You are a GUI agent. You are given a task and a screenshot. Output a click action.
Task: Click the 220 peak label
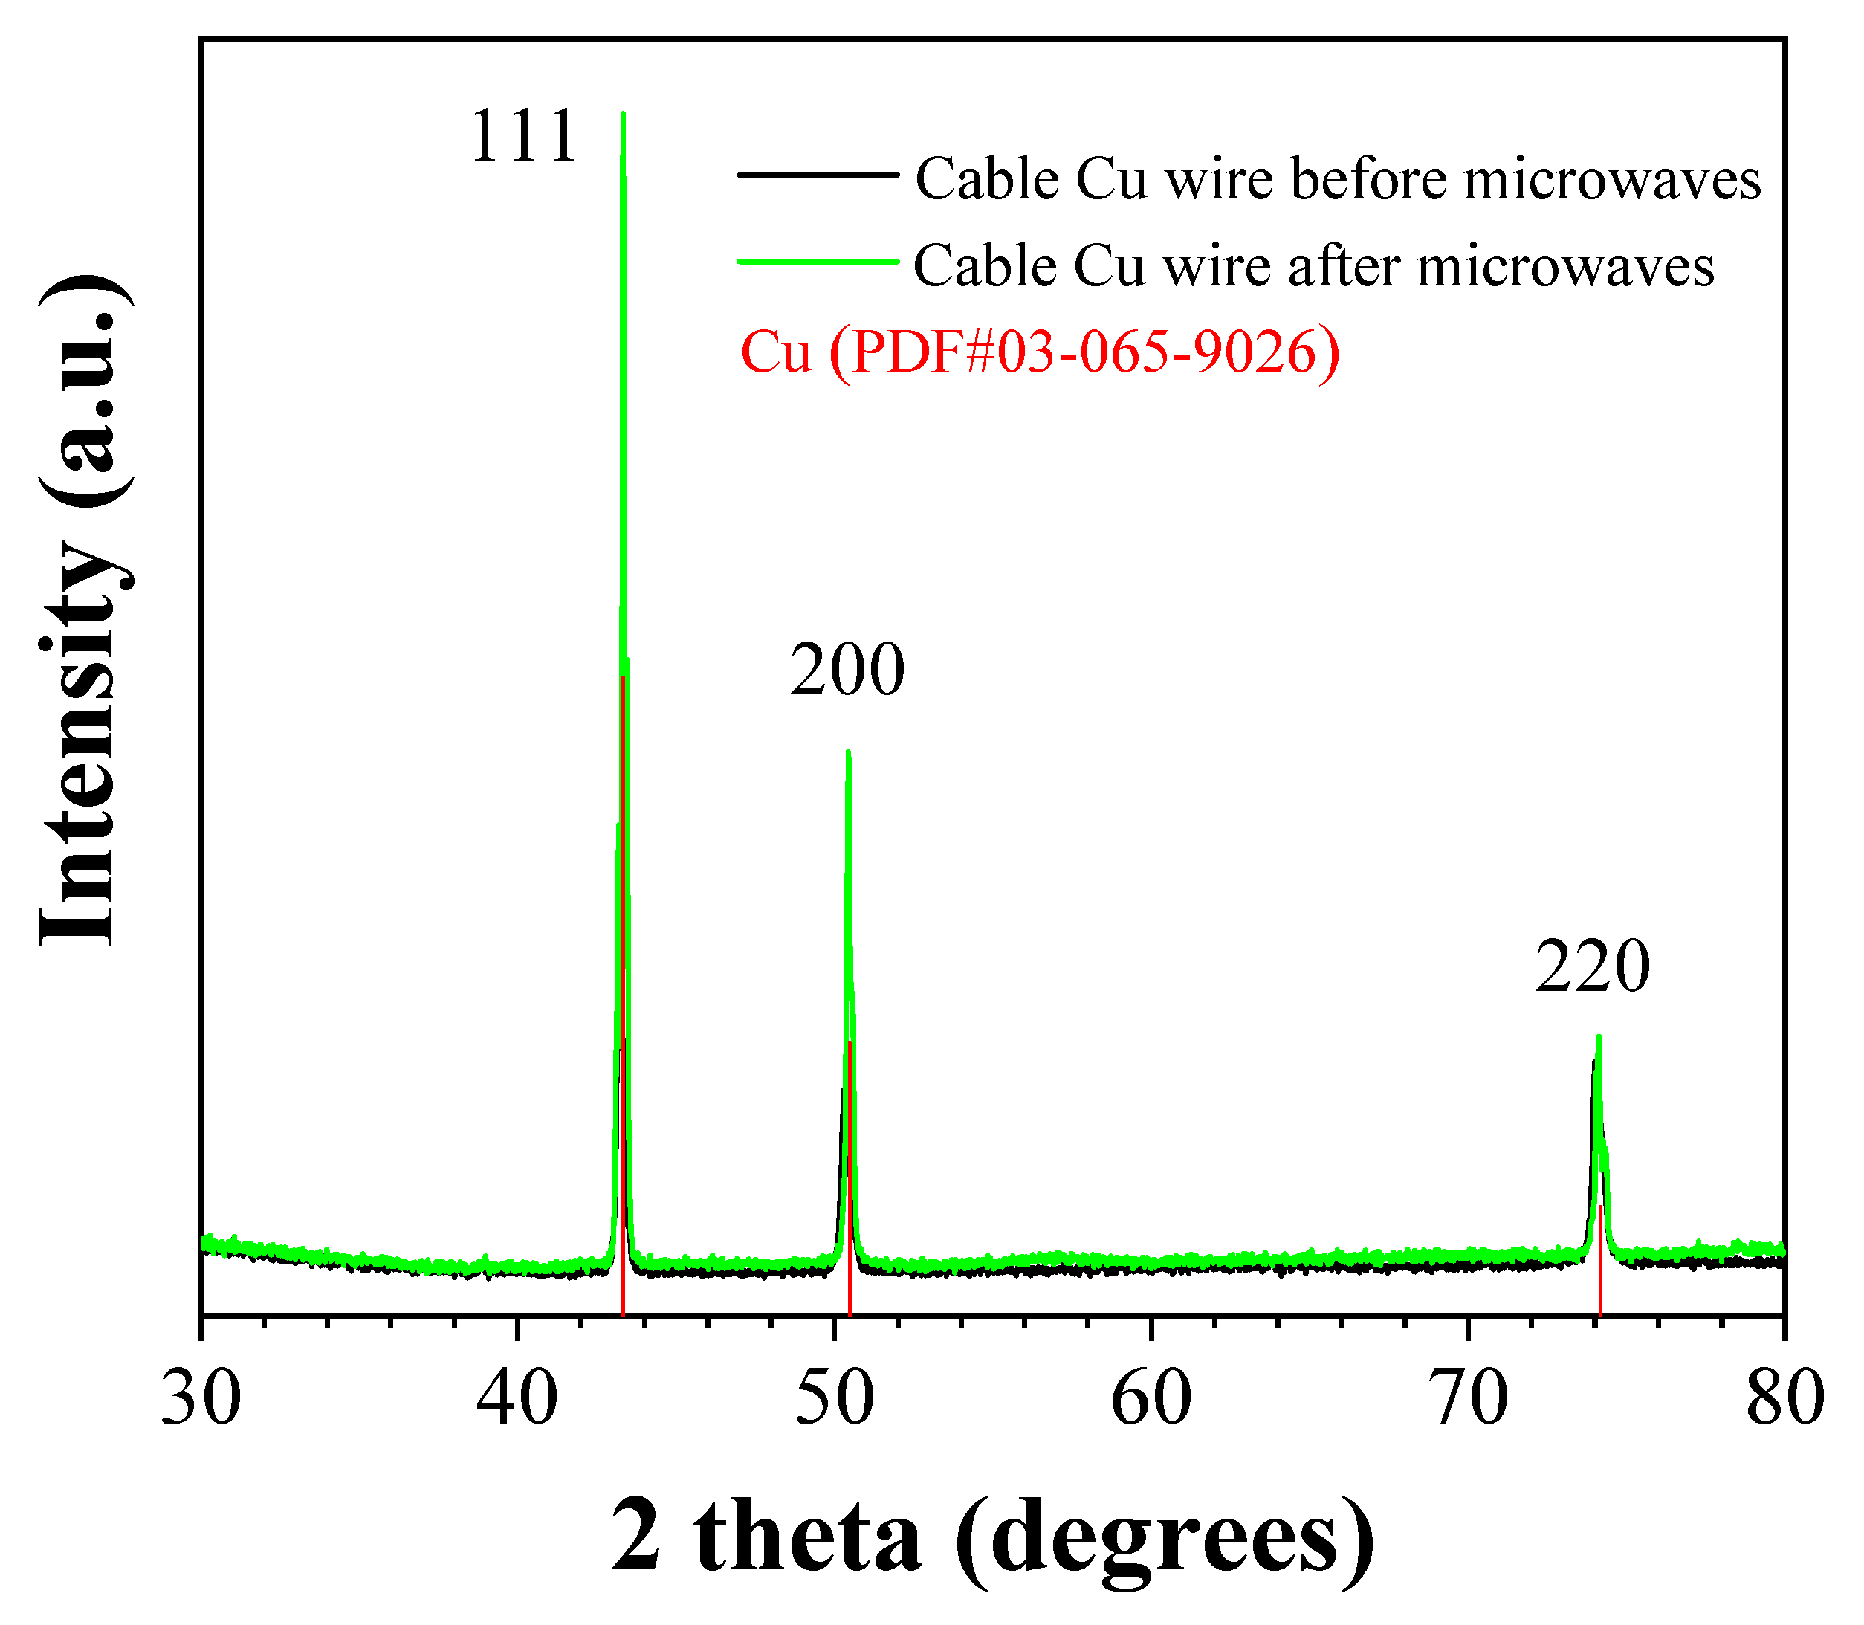point(1592,968)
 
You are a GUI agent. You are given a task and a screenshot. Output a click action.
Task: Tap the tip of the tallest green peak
point(623,115)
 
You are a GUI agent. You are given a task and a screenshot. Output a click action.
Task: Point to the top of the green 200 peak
point(848,752)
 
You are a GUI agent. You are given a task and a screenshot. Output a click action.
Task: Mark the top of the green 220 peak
point(1599,1036)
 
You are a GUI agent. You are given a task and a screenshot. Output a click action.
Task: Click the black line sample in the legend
point(818,174)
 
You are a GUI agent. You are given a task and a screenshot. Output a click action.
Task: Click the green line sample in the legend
point(818,261)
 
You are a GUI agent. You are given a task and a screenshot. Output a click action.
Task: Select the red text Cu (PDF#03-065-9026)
point(1039,353)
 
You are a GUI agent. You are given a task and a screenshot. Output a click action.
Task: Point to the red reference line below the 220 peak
point(1600,1270)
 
